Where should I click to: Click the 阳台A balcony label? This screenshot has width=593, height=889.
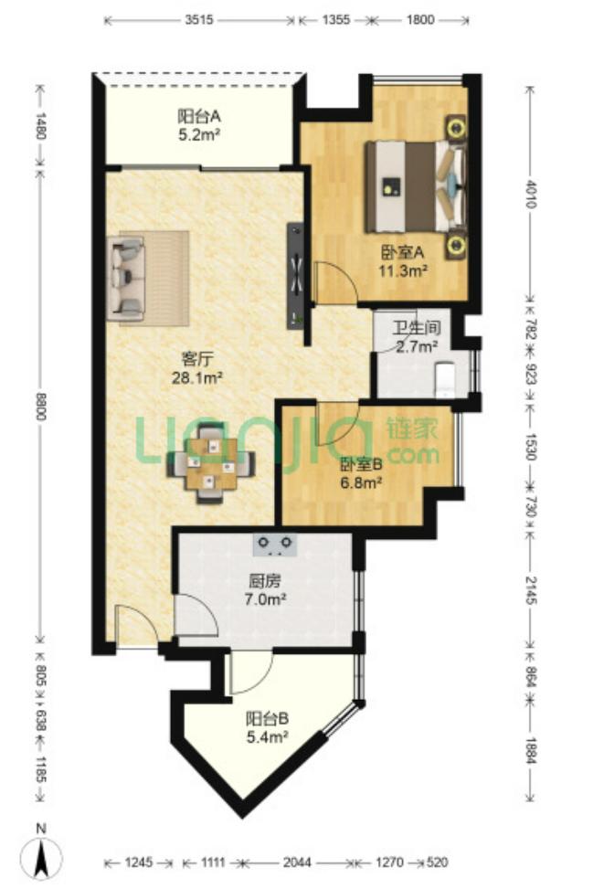(x=198, y=117)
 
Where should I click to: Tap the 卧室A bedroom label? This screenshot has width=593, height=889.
(x=402, y=251)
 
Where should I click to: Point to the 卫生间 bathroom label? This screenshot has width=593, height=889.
(x=417, y=328)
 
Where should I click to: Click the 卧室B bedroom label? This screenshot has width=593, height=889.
(x=361, y=465)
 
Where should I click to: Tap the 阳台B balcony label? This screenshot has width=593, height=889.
(x=267, y=719)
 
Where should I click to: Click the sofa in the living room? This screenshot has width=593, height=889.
(x=127, y=276)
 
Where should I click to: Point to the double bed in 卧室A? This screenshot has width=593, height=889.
(x=416, y=186)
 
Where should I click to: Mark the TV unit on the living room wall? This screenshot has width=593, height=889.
(x=296, y=276)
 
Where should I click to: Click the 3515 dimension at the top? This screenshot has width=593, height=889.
(x=199, y=20)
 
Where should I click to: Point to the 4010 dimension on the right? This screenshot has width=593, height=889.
(x=531, y=194)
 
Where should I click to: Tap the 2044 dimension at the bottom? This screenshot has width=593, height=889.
(x=298, y=863)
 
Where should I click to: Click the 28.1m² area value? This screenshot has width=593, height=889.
(x=196, y=377)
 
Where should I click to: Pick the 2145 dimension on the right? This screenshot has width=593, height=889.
(x=531, y=590)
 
